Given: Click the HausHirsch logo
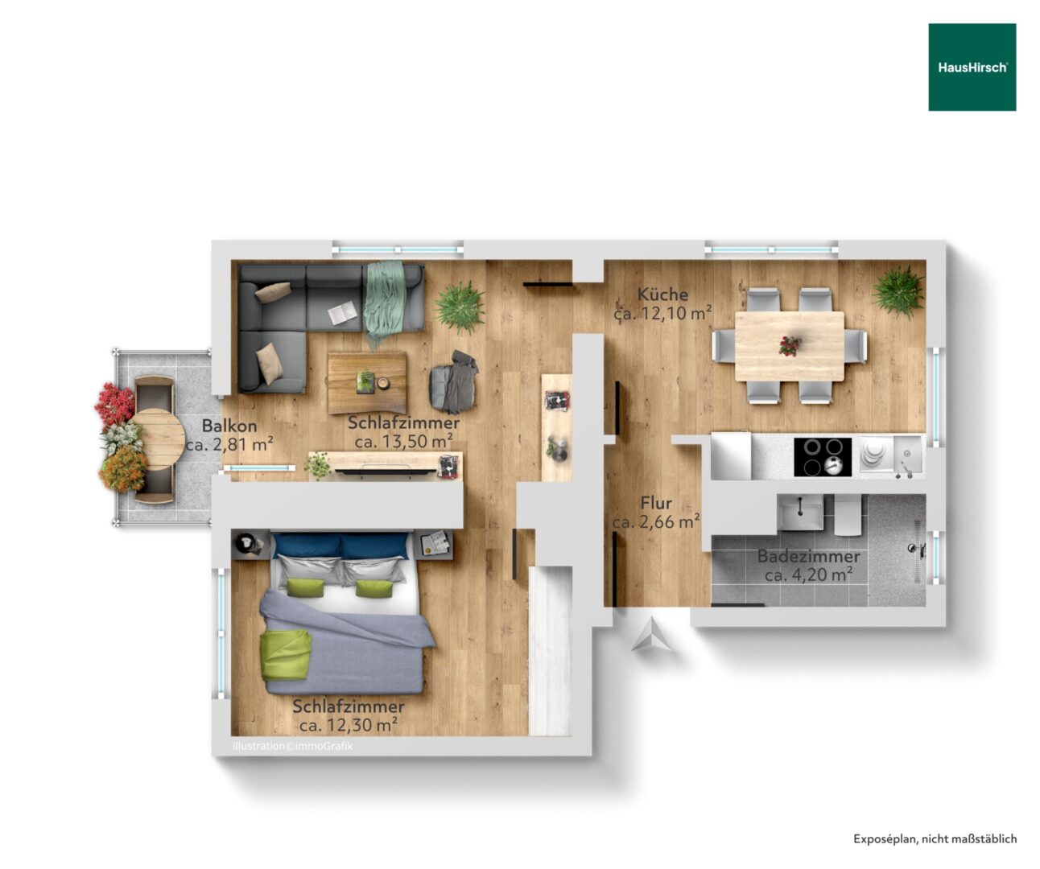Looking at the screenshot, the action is [972, 68].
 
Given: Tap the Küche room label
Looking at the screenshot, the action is [662, 294].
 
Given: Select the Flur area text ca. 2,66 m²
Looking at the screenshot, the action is [656, 522].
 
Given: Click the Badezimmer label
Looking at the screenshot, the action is [808, 556].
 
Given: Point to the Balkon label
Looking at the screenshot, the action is [229, 426].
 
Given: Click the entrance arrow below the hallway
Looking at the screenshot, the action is [652, 634].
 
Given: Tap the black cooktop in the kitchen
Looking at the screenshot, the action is [823, 457].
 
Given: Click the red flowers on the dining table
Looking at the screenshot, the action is [790, 346].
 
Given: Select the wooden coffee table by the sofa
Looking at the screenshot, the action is [367, 382].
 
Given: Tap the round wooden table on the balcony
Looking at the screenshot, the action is [159, 439].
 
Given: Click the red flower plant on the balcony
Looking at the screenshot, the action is [114, 404].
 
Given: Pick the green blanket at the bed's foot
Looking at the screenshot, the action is [286, 654].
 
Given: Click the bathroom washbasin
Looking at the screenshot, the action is [800, 512].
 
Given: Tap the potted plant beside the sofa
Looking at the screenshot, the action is [460, 307].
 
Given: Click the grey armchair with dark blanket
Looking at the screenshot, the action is [454, 382].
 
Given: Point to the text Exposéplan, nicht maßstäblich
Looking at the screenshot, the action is [935, 839].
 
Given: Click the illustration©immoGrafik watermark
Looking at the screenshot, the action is [293, 746].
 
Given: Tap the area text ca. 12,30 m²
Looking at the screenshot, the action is [349, 725].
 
